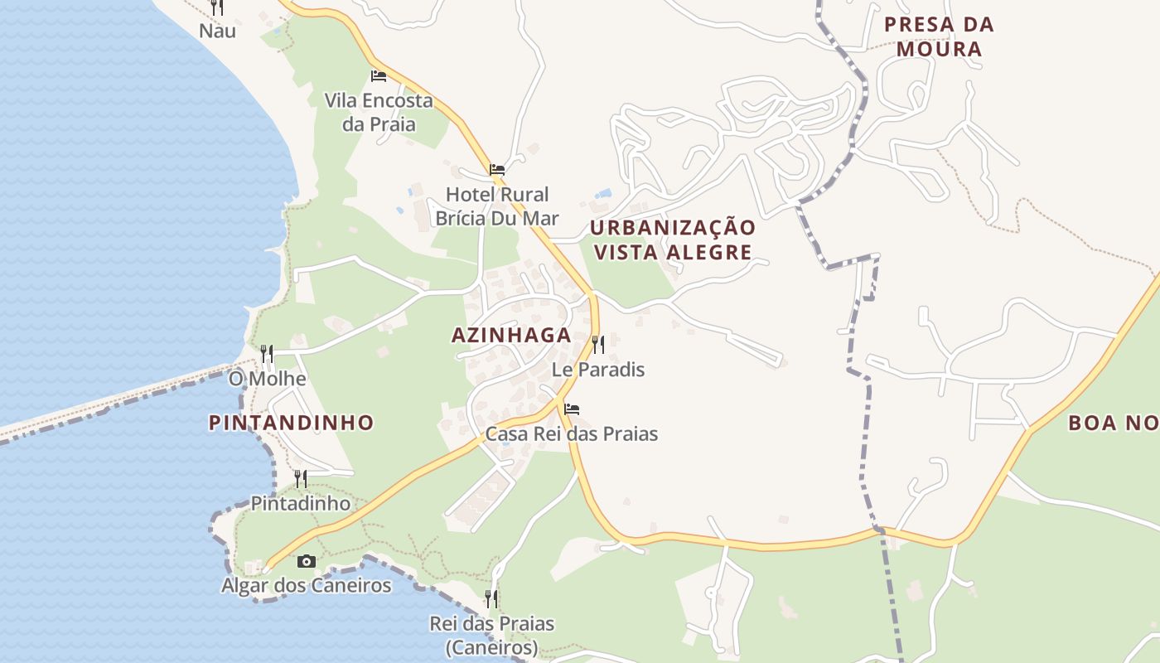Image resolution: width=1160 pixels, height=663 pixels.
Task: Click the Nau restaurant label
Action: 217,31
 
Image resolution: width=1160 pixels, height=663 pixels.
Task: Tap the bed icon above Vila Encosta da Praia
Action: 379,75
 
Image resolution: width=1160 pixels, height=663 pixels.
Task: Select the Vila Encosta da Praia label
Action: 379,113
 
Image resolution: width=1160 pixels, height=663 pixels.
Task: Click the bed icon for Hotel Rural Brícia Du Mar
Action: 497,169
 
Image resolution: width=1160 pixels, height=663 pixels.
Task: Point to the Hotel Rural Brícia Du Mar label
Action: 497,206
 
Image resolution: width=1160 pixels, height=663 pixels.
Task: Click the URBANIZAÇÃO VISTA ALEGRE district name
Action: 673,240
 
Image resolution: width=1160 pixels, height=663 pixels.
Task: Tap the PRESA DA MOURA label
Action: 939,36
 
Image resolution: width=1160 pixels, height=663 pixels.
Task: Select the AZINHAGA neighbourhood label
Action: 511,336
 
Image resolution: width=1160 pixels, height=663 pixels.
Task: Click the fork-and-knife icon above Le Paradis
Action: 597,344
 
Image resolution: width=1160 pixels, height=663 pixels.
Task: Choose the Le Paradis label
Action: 598,370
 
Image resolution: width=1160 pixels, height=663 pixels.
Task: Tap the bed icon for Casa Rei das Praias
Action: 572,409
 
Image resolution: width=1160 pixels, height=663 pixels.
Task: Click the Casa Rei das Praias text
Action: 572,433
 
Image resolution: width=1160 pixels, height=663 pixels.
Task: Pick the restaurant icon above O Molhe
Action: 267,354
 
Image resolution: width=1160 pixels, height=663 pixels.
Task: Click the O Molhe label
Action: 267,379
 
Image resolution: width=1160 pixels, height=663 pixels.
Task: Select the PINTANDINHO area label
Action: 291,423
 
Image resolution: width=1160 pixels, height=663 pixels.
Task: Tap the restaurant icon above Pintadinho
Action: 301,478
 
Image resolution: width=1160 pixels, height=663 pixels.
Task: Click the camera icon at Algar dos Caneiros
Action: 306,561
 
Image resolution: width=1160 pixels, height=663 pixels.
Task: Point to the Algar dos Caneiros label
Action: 306,586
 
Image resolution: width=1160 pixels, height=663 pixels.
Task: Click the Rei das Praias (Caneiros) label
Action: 491,635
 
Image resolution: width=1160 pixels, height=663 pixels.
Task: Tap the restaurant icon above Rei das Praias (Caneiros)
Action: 491,598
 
